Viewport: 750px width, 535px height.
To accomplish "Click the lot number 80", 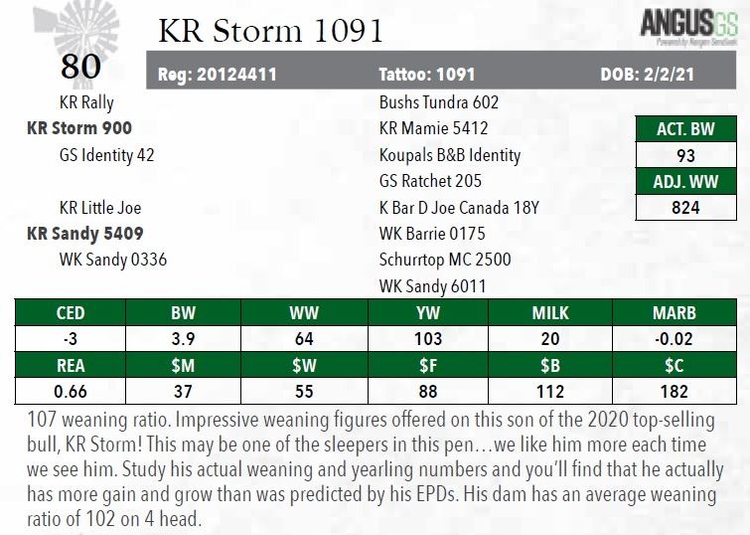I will (x=80, y=67).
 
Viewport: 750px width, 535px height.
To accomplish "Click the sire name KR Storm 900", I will (x=79, y=128).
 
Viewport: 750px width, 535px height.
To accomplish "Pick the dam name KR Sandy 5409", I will (x=85, y=235).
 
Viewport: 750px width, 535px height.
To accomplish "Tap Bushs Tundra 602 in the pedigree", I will (x=438, y=101).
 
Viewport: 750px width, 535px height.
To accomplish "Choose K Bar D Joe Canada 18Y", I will (x=460, y=208).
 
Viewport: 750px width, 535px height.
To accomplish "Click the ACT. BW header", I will (x=685, y=129).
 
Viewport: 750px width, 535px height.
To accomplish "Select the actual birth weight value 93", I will (x=685, y=155).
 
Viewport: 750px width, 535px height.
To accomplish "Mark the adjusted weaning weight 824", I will (x=685, y=208).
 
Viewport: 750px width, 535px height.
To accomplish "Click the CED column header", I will (x=71, y=312).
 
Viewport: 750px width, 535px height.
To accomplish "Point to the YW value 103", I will (x=427, y=338).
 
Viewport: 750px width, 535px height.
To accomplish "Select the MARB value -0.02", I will (x=674, y=338).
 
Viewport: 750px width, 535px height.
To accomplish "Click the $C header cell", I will (x=674, y=365).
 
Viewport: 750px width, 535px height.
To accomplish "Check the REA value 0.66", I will (x=71, y=391).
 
